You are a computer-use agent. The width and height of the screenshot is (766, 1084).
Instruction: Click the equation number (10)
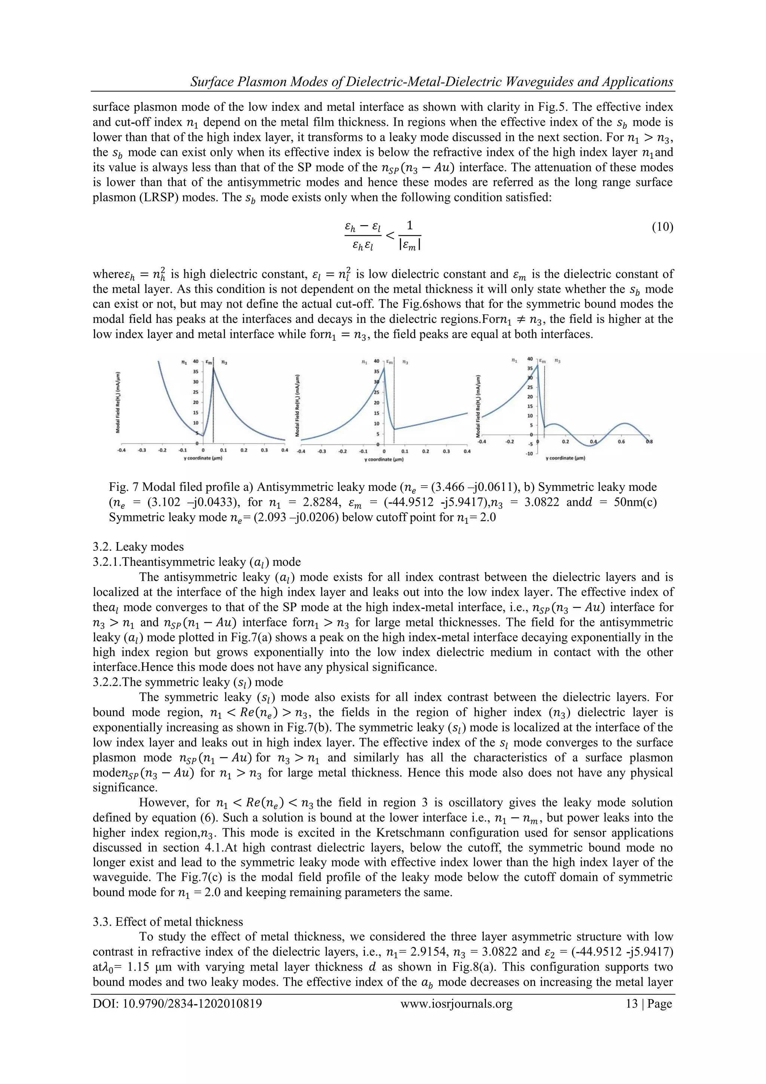click(662, 228)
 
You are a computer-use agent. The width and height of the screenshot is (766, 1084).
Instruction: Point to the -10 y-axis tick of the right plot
click(529, 453)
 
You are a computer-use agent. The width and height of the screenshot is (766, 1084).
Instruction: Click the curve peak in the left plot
click(213, 368)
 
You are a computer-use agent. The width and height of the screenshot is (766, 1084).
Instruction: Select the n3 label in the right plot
click(557, 361)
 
